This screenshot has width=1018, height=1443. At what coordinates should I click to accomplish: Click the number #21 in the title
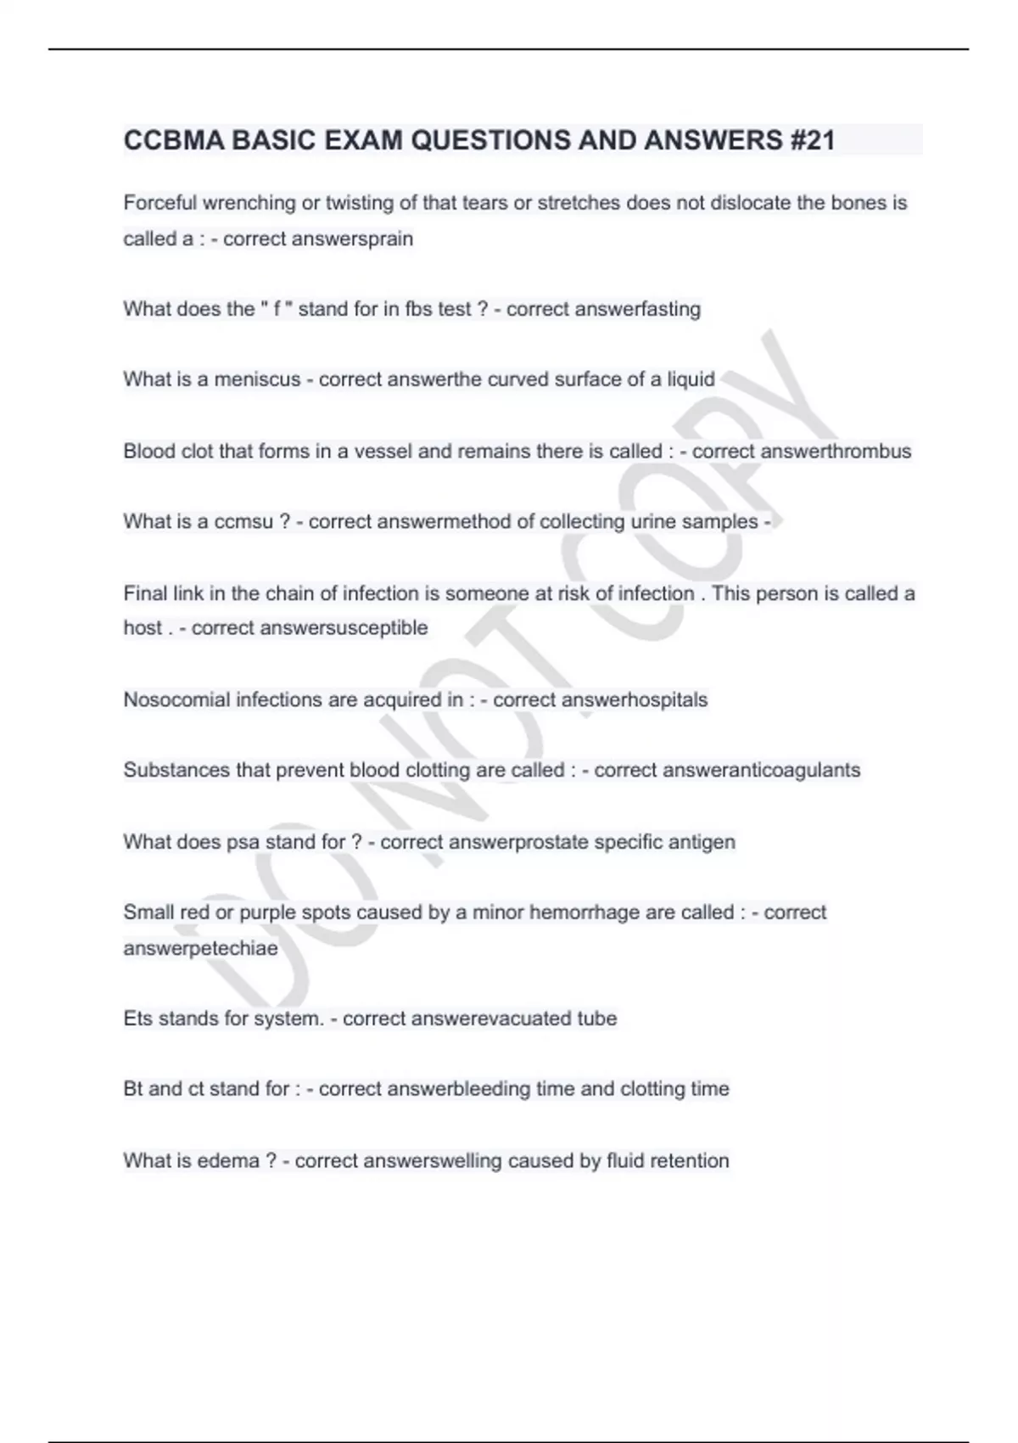point(812,140)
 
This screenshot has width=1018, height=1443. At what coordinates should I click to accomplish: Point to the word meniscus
point(257,379)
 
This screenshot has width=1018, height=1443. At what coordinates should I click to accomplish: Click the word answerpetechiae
point(200,948)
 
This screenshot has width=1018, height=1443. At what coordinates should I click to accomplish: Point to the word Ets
point(137,1019)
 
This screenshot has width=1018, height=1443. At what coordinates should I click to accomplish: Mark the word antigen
point(702,842)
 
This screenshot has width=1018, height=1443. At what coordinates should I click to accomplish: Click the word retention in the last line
point(689,1160)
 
